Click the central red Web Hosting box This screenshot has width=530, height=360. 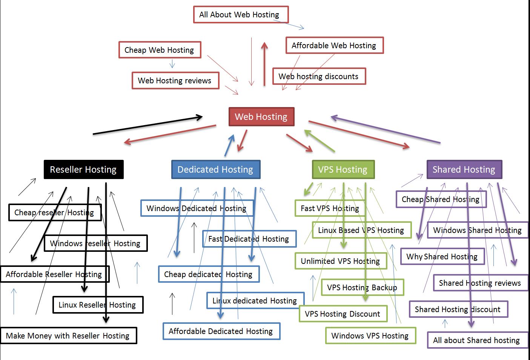point(261,117)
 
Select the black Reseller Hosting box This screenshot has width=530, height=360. point(83,170)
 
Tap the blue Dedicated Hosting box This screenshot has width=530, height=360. point(216,170)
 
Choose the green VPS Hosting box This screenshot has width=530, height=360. point(343,170)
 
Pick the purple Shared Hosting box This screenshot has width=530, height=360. point(464,170)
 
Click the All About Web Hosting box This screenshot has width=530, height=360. point(241,15)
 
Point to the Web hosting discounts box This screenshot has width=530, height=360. point(319,77)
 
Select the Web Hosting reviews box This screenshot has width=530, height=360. point(175,81)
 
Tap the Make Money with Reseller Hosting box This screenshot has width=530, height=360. point(68,335)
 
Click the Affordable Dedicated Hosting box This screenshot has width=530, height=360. point(221,331)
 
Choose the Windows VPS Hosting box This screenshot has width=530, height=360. point(370,335)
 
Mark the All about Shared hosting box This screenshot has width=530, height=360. point(478,340)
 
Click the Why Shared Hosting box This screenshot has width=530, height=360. point(442,256)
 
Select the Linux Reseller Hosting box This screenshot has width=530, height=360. point(98,305)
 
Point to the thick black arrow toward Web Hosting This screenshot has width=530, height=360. point(147,125)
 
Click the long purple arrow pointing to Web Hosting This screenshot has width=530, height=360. point(385,129)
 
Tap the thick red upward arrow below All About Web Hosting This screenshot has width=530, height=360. point(264,64)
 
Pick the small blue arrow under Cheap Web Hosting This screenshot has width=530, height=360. point(172,63)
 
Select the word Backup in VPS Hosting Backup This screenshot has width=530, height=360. point(384,288)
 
